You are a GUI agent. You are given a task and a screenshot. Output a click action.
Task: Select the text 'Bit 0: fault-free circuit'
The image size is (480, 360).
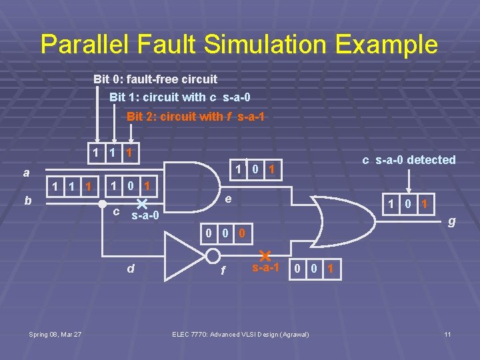click(x=155, y=79)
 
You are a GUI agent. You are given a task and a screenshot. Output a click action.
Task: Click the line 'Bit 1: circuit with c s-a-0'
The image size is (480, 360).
click(x=180, y=97)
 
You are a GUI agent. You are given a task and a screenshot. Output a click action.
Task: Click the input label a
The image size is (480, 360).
click(x=26, y=173)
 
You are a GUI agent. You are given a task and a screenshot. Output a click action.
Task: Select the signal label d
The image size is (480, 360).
click(x=131, y=269)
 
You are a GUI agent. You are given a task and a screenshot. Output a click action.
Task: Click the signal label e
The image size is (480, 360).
click(x=228, y=199)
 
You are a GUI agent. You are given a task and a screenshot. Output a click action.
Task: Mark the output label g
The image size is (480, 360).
click(x=451, y=221)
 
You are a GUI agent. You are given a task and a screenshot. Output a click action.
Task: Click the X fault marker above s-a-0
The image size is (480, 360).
click(x=141, y=203)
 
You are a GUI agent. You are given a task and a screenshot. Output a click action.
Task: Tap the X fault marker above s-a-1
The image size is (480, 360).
click(x=264, y=255)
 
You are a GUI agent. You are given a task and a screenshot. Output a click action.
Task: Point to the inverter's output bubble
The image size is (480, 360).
click(x=213, y=256)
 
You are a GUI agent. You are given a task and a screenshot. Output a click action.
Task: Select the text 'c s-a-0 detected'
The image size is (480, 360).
click(x=409, y=160)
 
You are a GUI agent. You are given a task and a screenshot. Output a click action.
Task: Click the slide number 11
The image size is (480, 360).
click(x=448, y=334)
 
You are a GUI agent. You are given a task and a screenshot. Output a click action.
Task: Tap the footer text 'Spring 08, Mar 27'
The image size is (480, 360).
click(x=55, y=334)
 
